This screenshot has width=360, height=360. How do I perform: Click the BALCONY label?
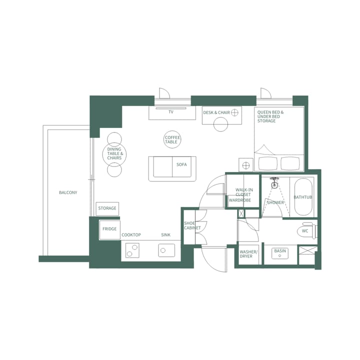coord(68,192)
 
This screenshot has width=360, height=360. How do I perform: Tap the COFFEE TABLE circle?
coord(172,139)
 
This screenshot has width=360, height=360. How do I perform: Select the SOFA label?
coord(181,164)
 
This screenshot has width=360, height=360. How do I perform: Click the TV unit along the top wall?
coord(172,113)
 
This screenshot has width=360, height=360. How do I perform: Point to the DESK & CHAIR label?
coord(216,112)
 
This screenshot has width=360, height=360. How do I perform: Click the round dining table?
coord(114,155)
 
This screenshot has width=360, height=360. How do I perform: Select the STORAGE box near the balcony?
coord(107,208)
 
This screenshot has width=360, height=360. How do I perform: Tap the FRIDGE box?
coord(109,229)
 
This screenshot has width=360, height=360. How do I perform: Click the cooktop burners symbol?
coord(132,250)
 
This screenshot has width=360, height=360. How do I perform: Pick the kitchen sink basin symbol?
coord(166,250)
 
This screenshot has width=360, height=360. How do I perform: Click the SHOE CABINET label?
coord(191,225)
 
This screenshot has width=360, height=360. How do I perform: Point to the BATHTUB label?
coord(302,197)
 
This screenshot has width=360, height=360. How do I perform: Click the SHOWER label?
coord(275,202)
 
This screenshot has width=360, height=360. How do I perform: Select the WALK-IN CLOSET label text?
coord(244,192)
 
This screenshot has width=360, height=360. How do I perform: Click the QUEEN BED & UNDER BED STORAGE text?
coord(270,116)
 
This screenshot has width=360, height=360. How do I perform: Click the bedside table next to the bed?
coord(245,164)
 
